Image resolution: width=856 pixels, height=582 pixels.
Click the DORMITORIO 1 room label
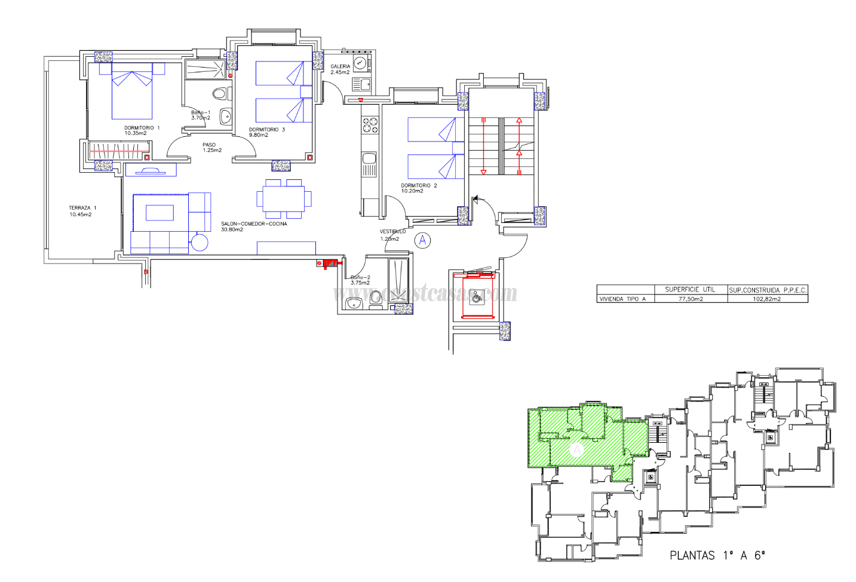(142, 130)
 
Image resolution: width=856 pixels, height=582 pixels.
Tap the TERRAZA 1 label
(82, 211)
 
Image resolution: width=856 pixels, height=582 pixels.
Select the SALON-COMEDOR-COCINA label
(253, 226)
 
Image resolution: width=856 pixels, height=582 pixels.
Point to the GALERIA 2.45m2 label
(340, 69)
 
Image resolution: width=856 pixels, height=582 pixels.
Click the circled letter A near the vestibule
(422, 240)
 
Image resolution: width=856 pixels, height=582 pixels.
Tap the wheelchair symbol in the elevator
(477, 296)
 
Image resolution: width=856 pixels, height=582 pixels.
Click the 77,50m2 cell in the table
(690, 299)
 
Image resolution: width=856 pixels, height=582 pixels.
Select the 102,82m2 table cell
(766, 299)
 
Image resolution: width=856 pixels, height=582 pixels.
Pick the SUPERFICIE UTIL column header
(690, 290)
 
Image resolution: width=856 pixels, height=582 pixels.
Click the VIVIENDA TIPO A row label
(622, 299)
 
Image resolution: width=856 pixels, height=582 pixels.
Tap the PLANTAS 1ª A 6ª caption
(717, 555)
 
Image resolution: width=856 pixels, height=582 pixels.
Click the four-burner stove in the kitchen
(370, 125)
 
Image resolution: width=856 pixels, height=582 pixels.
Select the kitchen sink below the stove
(369, 159)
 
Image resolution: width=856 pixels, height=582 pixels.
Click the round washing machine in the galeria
(360, 63)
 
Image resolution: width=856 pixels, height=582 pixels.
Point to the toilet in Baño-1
(220, 94)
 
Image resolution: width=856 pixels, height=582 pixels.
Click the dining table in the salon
(284, 198)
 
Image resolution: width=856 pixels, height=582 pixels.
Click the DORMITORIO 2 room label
(418, 188)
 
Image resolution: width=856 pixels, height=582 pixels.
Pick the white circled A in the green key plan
(576, 449)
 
